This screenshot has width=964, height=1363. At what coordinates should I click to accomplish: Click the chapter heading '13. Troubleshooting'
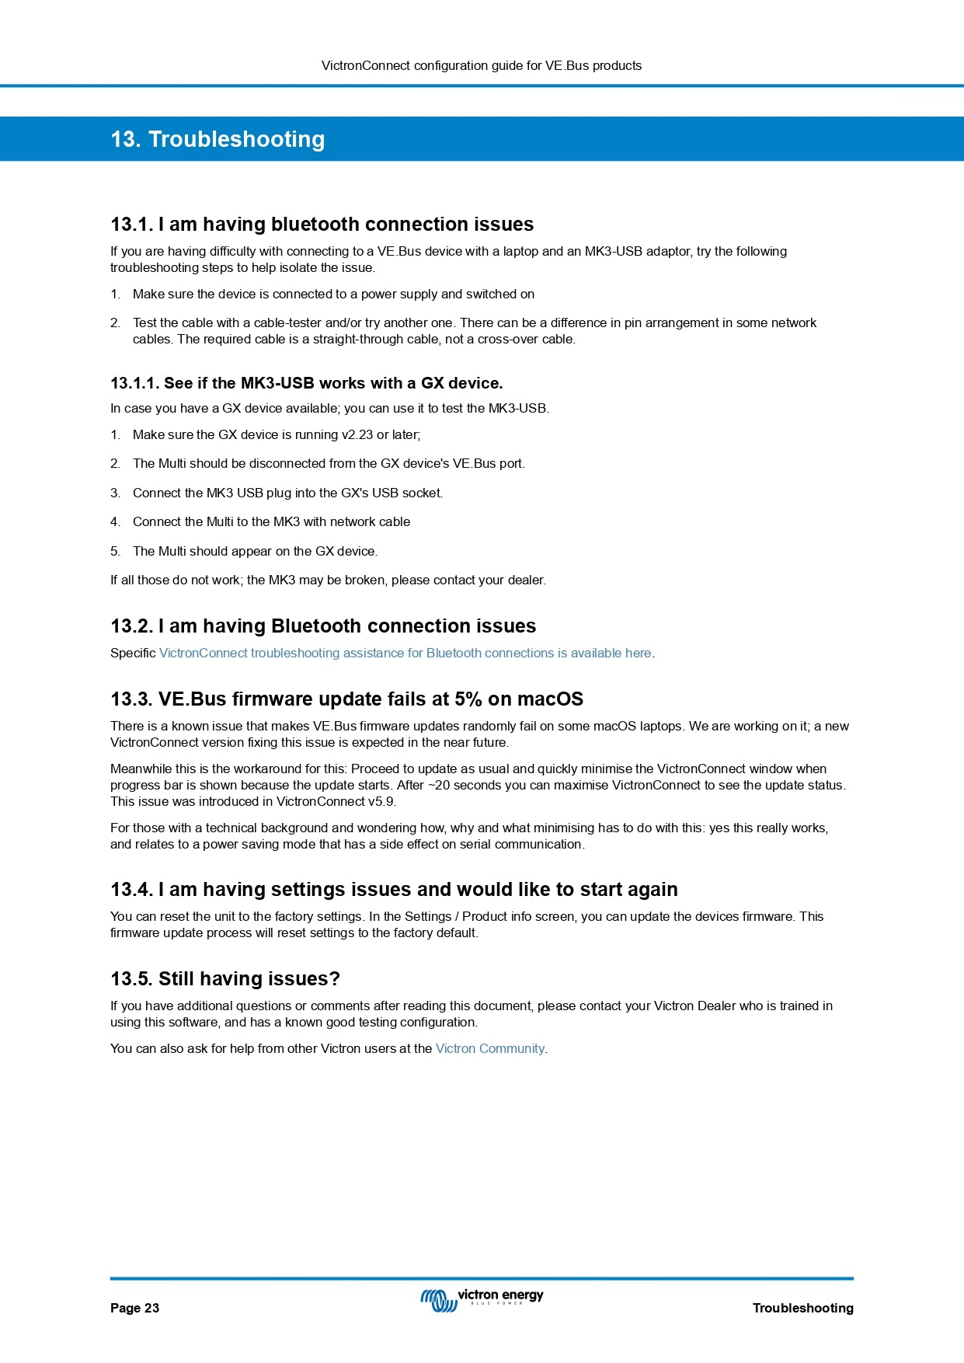point(218,139)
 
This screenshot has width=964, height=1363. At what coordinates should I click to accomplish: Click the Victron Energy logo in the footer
point(482,1299)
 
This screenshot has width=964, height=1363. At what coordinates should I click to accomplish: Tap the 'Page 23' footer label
point(134,1308)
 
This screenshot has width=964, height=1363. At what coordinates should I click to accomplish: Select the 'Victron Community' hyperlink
point(490,1048)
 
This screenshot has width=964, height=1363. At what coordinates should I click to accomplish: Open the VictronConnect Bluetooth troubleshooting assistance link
point(405,653)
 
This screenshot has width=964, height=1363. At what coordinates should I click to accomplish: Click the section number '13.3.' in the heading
point(131,699)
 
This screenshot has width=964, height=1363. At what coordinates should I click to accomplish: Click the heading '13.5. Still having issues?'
point(225,978)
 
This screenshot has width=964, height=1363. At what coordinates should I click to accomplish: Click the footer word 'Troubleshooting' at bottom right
point(802,1308)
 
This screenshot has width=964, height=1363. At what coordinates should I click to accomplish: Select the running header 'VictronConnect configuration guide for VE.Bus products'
point(482,65)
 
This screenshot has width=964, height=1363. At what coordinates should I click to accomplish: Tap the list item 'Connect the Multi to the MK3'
point(271,521)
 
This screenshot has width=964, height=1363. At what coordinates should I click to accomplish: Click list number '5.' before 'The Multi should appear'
point(115,551)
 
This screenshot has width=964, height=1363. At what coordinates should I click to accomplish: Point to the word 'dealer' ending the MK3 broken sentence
point(527,580)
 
